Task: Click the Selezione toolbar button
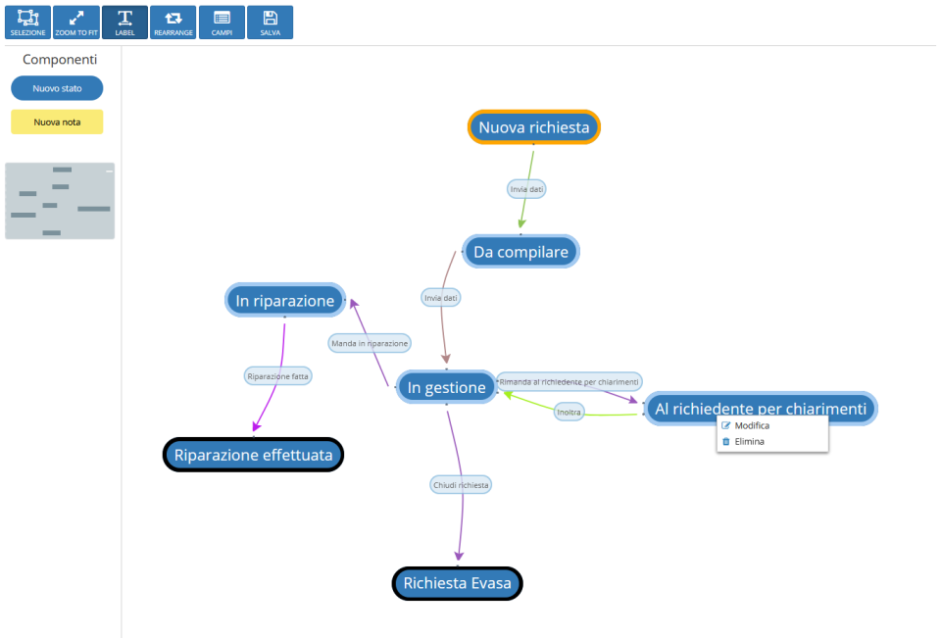coord(27,23)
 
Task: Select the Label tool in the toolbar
coord(124,23)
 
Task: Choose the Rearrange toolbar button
coord(173,23)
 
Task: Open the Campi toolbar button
coord(222,23)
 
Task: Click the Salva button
coord(270,23)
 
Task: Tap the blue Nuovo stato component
coord(57,88)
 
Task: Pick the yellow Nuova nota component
coord(57,123)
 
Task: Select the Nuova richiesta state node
coord(533,127)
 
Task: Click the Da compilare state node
coord(520,252)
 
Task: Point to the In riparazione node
coord(284,301)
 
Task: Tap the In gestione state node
coord(446,387)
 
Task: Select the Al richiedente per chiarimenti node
coord(760,409)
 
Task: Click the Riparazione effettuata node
coord(253,455)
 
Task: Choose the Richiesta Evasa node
coord(457,583)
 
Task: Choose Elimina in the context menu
coord(749,442)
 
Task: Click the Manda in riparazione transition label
coord(370,343)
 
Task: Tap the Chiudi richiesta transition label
coord(461,484)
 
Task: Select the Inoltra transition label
coord(569,412)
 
